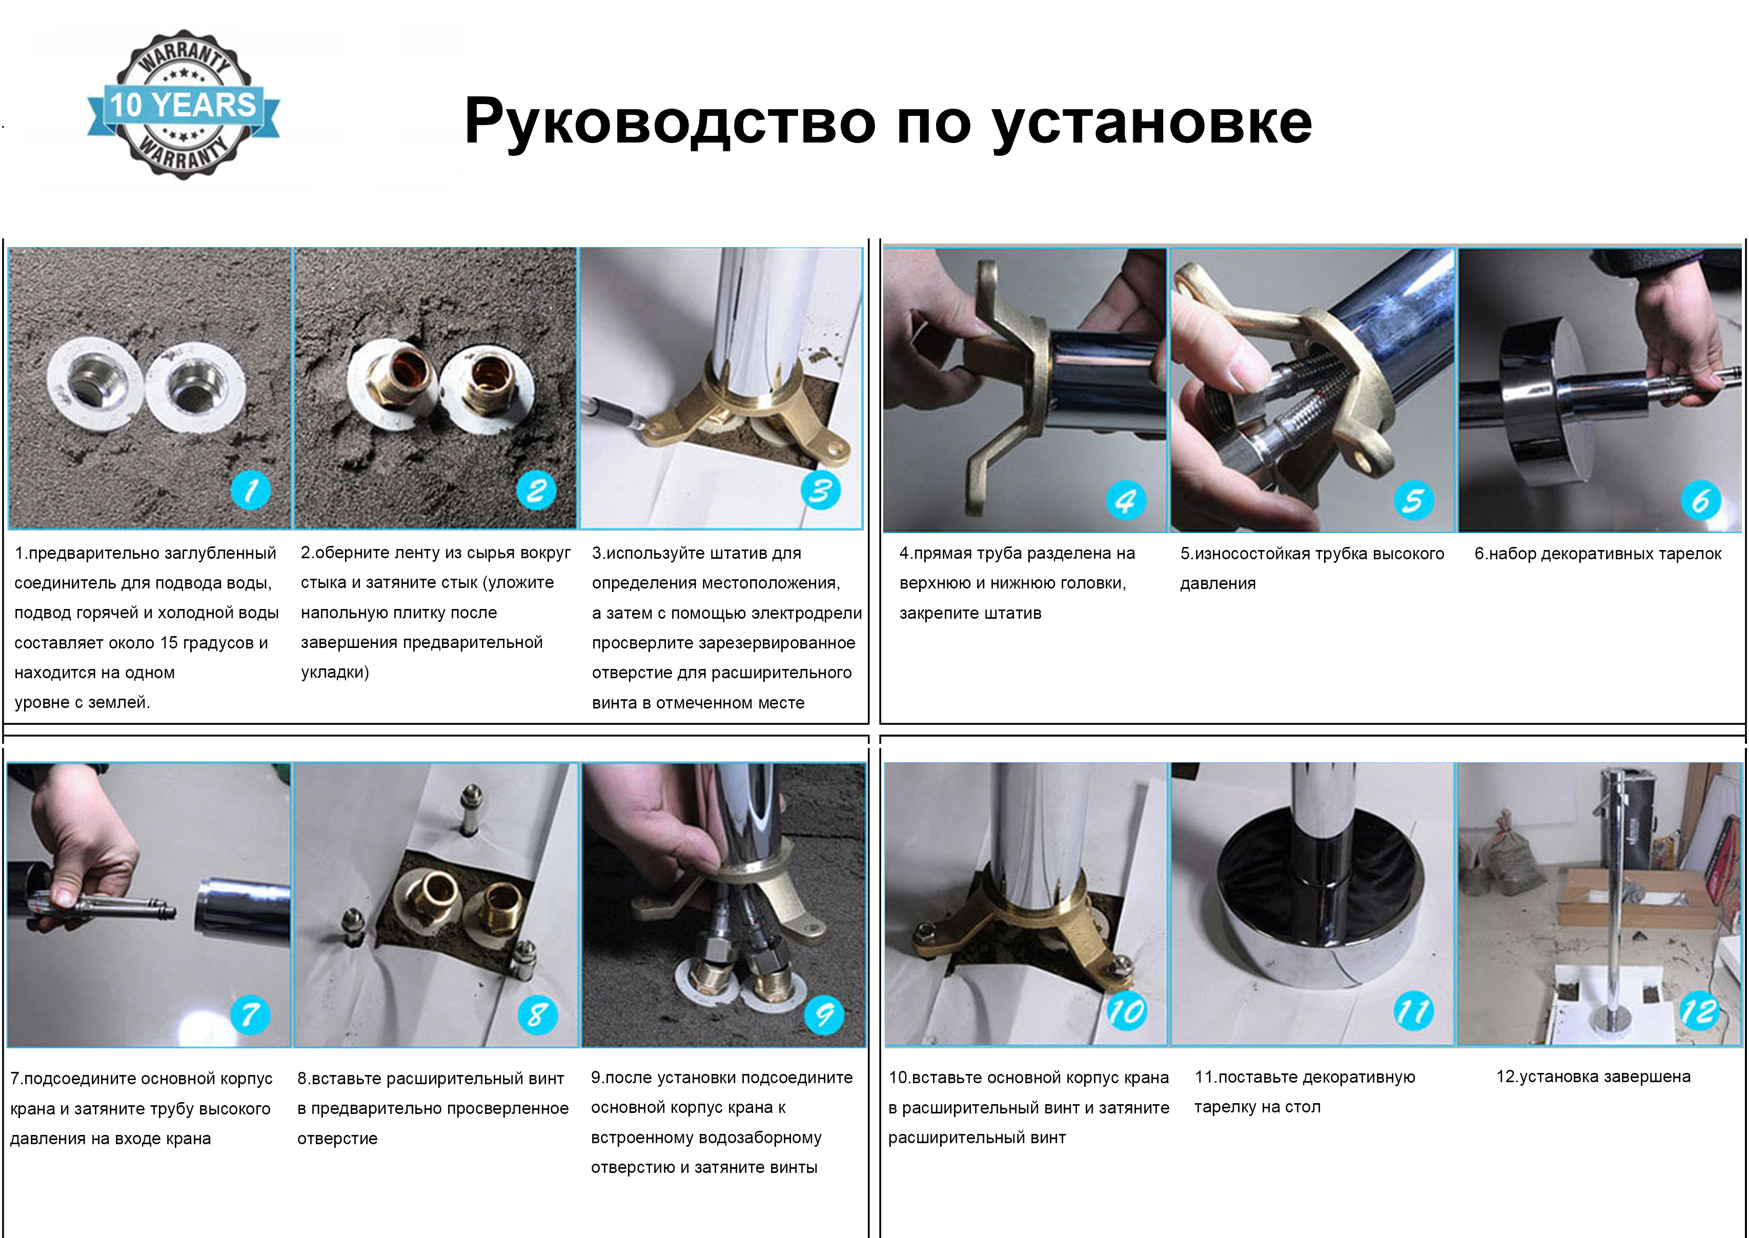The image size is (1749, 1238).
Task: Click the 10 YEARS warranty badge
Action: point(183,105)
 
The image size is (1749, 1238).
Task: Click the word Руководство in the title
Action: point(669,122)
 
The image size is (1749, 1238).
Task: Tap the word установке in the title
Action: point(1151,122)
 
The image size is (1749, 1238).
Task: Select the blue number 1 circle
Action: point(251,490)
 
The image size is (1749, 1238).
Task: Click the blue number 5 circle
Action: point(1414,501)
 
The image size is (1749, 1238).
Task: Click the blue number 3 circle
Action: point(821,490)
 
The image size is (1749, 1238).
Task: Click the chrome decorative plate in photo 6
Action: point(1539,400)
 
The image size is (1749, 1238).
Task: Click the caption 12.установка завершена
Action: point(1593,1077)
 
